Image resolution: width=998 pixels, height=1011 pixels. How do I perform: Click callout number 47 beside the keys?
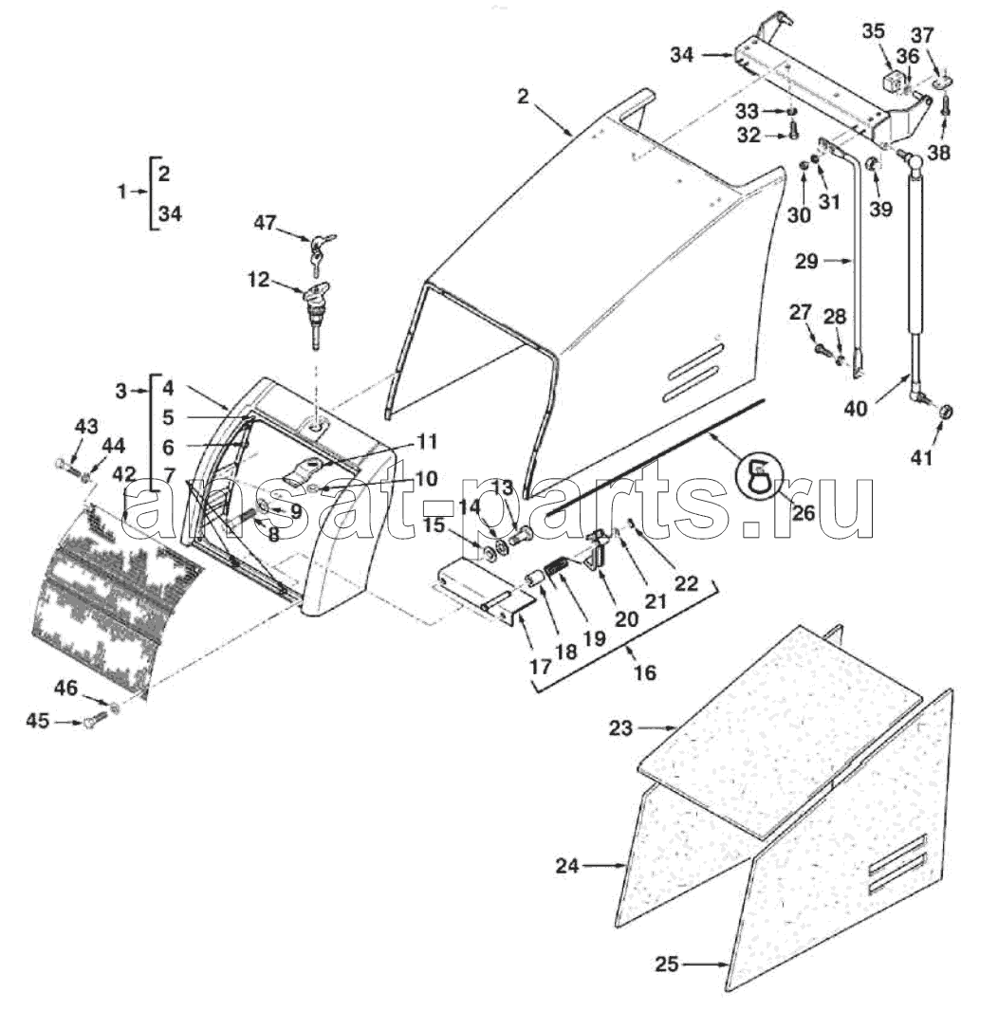click(265, 223)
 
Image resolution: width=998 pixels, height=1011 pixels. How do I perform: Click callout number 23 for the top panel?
click(621, 728)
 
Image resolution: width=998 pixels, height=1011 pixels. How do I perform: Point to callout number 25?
click(667, 964)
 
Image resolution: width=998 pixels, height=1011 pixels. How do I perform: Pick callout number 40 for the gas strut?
click(856, 408)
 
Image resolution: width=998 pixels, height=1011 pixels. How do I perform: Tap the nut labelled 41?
click(945, 412)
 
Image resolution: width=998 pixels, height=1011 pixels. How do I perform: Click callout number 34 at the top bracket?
click(681, 55)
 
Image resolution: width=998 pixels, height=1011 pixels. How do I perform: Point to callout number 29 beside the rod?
click(805, 261)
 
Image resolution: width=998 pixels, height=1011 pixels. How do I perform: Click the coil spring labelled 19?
click(556, 569)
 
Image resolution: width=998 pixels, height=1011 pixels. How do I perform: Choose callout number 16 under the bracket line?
click(644, 673)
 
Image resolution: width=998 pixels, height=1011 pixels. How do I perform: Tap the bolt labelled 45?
click(96, 719)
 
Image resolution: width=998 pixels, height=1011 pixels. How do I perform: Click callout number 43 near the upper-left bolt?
click(86, 426)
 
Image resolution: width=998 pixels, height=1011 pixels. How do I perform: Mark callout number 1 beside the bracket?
click(122, 192)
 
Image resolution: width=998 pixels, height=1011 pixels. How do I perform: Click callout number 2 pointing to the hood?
click(523, 97)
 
